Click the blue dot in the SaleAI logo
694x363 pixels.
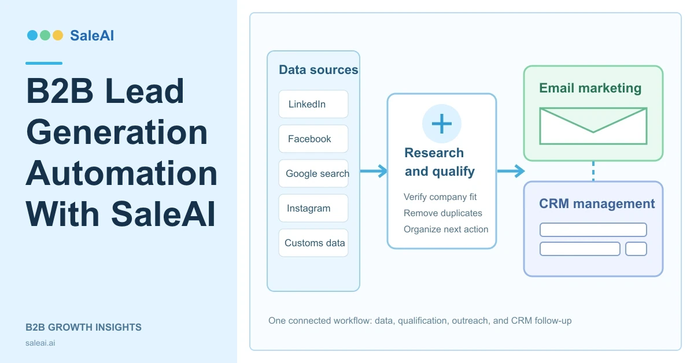(32, 35)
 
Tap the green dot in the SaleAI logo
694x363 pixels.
(45, 35)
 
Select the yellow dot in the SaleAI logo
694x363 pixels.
(58, 35)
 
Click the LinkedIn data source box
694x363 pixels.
(313, 104)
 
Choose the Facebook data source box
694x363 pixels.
(313, 139)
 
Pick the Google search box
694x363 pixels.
(313, 173)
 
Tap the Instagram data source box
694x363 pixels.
(313, 208)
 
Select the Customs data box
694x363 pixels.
(313, 243)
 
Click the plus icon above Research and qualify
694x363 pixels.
(441, 124)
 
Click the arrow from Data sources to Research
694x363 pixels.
(374, 171)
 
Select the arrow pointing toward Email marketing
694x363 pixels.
(511, 171)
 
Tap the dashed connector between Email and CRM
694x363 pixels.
(593, 171)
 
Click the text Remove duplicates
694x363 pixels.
(443, 213)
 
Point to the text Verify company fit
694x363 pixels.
(440, 197)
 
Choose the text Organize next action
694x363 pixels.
(446, 229)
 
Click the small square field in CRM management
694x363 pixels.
(636, 249)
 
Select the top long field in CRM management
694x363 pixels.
(593, 229)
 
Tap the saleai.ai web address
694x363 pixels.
(40, 343)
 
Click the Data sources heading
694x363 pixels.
(319, 70)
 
